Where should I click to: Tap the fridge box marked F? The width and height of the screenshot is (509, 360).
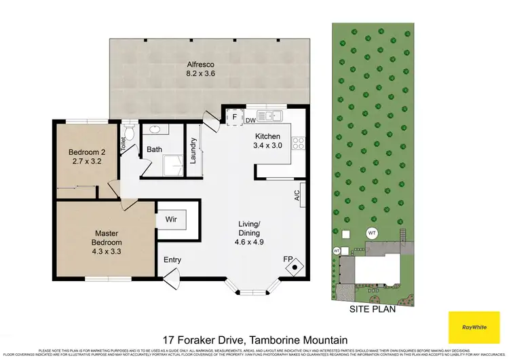(x=235, y=116)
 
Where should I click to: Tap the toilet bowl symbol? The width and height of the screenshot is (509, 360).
(x=130, y=131)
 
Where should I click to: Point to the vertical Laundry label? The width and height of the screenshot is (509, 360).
(x=193, y=150)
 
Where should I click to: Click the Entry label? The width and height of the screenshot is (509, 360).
(x=173, y=259)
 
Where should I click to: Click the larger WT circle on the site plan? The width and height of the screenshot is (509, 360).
(x=371, y=232)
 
